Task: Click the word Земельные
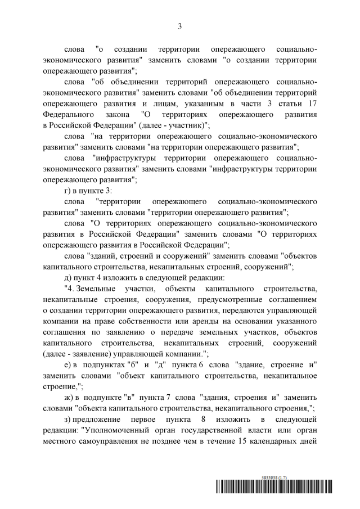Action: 98,288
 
